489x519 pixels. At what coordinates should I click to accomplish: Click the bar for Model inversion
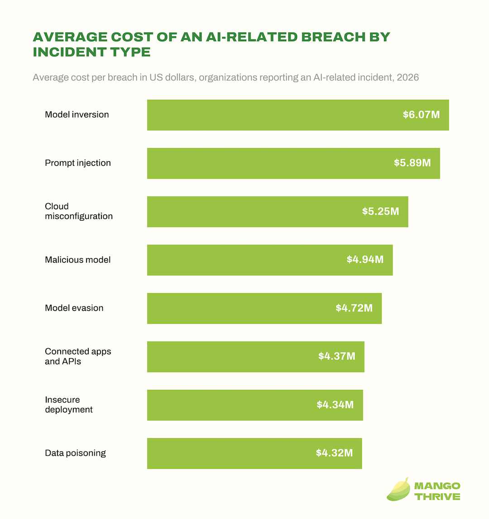[x=298, y=115]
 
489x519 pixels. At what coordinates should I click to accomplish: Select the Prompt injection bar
[x=293, y=163]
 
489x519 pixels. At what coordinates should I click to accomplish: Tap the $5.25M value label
[x=380, y=211]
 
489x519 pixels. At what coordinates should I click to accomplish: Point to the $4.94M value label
[x=365, y=259]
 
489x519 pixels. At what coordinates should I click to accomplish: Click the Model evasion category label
[x=74, y=308]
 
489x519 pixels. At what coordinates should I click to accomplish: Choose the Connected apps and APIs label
[x=78, y=356]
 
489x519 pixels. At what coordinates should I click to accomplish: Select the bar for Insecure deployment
[x=255, y=405]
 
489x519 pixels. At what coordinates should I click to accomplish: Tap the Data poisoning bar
[x=254, y=453]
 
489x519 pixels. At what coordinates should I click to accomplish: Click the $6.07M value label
[x=421, y=115]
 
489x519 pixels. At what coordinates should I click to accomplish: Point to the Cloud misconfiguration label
[x=79, y=211]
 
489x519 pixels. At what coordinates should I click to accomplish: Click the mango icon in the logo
[x=398, y=489]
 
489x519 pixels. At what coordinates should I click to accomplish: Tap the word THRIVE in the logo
[x=438, y=496]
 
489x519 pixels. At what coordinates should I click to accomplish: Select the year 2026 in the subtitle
[x=407, y=78]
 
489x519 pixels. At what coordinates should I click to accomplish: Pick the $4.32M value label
[x=334, y=453]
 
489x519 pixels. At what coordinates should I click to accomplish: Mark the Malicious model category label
[x=78, y=259]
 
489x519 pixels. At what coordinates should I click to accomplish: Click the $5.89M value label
[x=412, y=163]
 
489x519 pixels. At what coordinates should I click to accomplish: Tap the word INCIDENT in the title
[x=69, y=52]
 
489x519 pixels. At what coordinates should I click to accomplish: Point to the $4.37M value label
[x=336, y=356]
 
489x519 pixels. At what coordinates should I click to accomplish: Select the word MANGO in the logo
[x=437, y=486]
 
